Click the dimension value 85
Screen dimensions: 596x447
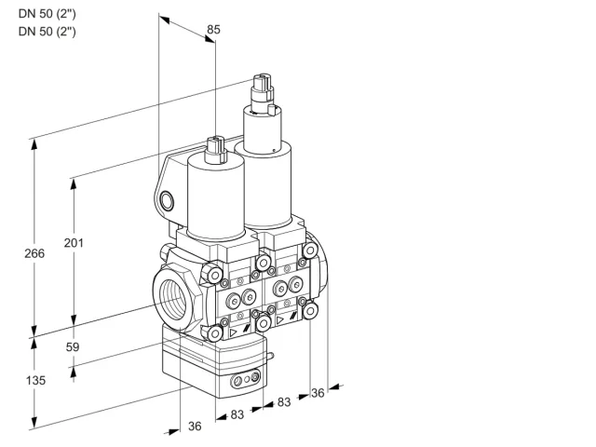click(x=213, y=29)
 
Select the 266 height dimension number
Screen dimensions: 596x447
click(x=34, y=253)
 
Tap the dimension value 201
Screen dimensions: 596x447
click(x=74, y=242)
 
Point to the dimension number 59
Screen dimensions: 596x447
click(x=73, y=346)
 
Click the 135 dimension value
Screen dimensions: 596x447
click(x=35, y=380)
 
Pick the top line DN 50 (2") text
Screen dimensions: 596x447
click(x=47, y=14)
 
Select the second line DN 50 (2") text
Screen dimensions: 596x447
click(x=47, y=31)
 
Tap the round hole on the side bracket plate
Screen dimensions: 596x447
click(x=167, y=201)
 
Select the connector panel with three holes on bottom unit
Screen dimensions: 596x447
click(x=246, y=379)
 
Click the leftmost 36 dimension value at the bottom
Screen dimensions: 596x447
click(x=195, y=427)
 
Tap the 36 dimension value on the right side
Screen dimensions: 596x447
click(x=318, y=393)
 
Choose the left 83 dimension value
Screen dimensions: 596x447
click(x=237, y=414)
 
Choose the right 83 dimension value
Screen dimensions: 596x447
click(x=284, y=401)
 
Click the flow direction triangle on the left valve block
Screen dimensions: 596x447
click(x=233, y=333)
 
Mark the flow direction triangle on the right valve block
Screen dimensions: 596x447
click(x=280, y=320)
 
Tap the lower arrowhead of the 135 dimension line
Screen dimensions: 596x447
click(x=34, y=422)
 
